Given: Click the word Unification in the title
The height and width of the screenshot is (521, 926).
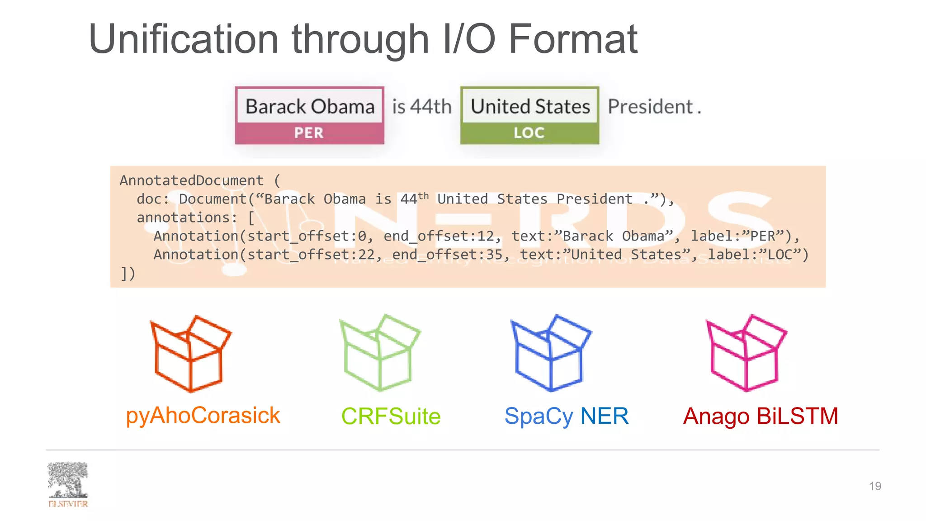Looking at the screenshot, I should click(x=183, y=40).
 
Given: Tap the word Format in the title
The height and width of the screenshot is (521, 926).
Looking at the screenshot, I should click(x=573, y=40).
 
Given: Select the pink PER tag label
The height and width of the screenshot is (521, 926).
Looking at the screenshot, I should click(x=309, y=133).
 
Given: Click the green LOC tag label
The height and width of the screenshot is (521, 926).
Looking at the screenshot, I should click(x=529, y=133).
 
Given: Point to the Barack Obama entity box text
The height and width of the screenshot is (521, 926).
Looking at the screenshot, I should click(x=310, y=107).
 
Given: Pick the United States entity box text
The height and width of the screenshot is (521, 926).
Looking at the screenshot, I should click(x=530, y=107).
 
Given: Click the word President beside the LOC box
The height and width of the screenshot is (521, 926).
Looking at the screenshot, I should click(x=650, y=107).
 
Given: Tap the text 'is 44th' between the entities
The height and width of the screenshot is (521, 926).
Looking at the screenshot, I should click(x=421, y=107).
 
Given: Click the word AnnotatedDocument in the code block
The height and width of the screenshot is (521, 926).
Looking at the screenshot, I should click(x=191, y=180).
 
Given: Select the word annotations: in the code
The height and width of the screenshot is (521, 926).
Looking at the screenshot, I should click(x=187, y=218).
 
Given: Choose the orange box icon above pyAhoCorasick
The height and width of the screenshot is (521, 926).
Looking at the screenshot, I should click(x=190, y=354).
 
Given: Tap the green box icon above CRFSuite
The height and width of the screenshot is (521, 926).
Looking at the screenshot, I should click(x=380, y=353).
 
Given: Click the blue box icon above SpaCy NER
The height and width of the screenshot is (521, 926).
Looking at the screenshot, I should click(x=551, y=353).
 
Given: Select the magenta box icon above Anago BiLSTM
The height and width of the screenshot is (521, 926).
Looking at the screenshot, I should click(x=746, y=353).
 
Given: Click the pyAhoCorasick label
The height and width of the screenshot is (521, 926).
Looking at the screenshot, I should click(x=203, y=416).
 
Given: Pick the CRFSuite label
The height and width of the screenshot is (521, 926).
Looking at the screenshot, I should click(x=391, y=417).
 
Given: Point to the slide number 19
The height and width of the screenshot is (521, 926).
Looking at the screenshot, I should click(x=874, y=486).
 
